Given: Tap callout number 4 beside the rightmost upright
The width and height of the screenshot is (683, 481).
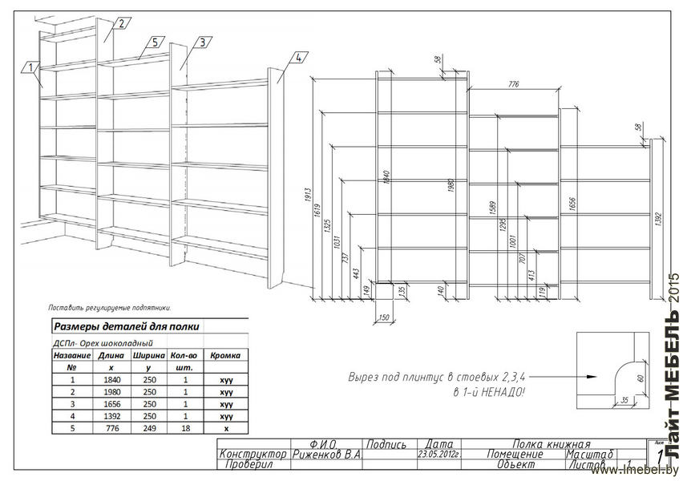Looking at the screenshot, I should (297, 58).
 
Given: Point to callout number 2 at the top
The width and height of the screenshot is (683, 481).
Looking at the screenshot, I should (121, 23).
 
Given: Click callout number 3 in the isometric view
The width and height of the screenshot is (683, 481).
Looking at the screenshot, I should (202, 42).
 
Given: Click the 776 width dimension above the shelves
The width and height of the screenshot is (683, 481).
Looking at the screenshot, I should (513, 83).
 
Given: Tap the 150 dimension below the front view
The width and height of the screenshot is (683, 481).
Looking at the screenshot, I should (383, 318).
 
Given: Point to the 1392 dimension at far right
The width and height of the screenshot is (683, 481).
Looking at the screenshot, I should (657, 216).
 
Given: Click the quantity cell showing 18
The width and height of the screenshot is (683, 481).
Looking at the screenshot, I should (185, 428).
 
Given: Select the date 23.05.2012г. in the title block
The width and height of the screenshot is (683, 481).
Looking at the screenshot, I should (440, 454).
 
